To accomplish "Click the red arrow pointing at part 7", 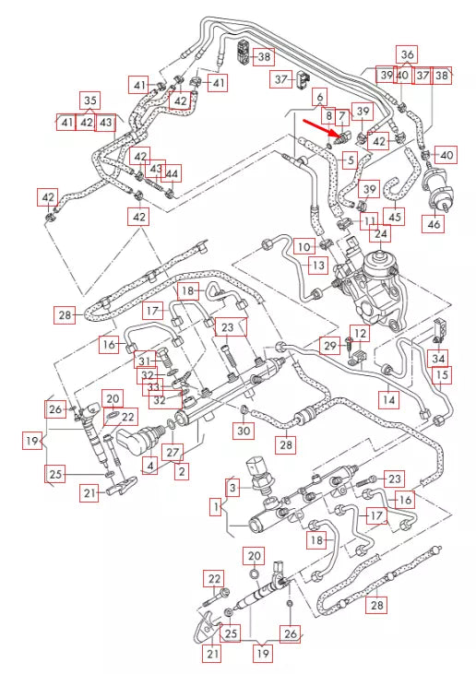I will (318, 128).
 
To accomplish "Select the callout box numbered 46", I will (433, 222).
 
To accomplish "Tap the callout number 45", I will (396, 217).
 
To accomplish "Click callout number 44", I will (173, 173).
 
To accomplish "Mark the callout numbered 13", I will (317, 266).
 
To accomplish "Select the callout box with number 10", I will (303, 247).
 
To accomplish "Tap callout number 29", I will (329, 345).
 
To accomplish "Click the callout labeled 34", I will (439, 358).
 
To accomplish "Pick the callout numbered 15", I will (443, 375).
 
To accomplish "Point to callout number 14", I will (388, 400).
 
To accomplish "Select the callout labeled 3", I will (233, 486).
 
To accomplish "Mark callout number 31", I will (144, 360).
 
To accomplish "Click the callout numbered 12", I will (361, 332).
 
